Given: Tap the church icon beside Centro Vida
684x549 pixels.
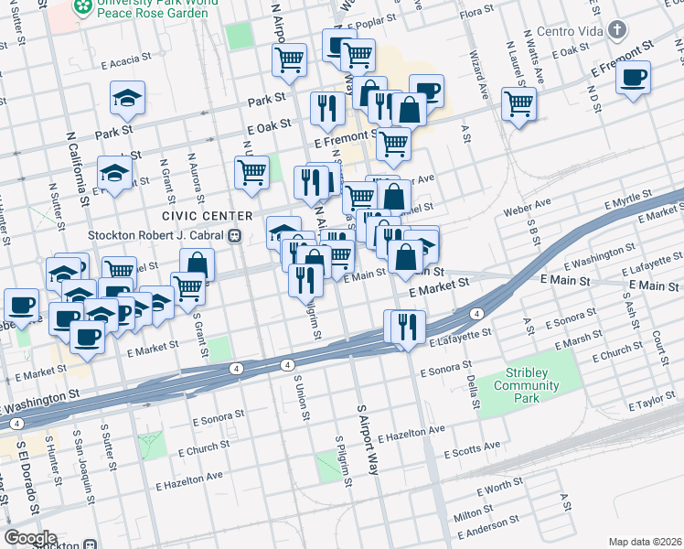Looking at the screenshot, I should click(618, 31).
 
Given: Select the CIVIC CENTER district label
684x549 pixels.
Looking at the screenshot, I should click(207, 215).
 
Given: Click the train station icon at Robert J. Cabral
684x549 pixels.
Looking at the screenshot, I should click(235, 235).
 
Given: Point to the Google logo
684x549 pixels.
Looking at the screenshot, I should click(30, 538).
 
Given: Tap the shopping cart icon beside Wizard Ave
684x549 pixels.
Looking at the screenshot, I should click(518, 103).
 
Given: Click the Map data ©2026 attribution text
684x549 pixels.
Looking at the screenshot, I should click(646, 542).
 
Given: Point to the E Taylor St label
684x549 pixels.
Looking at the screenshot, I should click(653, 403).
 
